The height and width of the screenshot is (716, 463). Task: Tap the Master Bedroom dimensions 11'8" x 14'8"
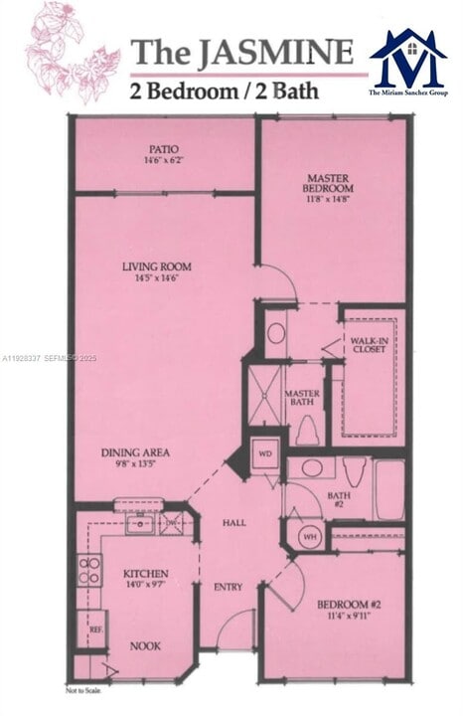tap(329, 197)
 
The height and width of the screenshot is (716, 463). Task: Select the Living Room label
tap(157, 267)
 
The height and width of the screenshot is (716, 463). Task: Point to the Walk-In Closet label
tap(369, 344)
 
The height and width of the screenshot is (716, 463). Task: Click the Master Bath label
tap(301, 398)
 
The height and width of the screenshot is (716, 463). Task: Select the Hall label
tap(234, 522)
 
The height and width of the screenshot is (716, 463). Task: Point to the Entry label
tap(229, 587)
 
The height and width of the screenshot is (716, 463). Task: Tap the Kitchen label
tap(145, 574)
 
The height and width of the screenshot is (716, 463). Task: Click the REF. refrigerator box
tap(95, 630)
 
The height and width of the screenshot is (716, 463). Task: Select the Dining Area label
tap(135, 452)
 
